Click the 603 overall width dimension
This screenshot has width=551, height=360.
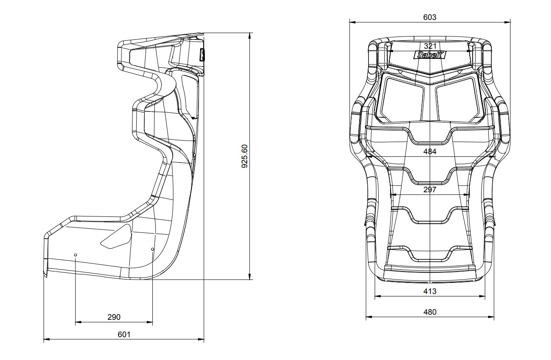(x=430, y=17)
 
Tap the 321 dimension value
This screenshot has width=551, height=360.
(x=430, y=46)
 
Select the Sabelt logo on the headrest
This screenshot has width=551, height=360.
(x=430, y=55)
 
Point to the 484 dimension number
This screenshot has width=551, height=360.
(x=430, y=152)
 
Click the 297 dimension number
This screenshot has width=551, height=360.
(x=430, y=190)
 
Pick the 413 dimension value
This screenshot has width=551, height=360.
(x=430, y=291)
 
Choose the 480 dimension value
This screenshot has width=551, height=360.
(x=430, y=312)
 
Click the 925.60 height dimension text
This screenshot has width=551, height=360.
(x=245, y=156)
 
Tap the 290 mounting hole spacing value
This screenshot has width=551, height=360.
(x=114, y=317)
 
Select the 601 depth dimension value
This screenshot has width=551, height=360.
(x=124, y=335)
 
